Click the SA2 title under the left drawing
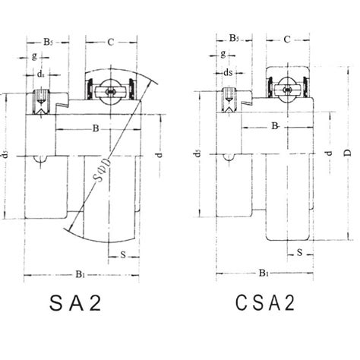(x=75, y=303)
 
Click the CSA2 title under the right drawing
(x=264, y=303)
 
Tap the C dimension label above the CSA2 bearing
(x=288, y=39)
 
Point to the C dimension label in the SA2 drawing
(x=111, y=42)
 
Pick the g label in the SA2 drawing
(x=33, y=56)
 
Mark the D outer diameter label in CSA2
(x=346, y=154)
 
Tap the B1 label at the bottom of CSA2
(x=263, y=271)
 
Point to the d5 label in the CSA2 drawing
(x=197, y=154)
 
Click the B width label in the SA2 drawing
(x=96, y=129)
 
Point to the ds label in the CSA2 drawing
(x=228, y=72)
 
